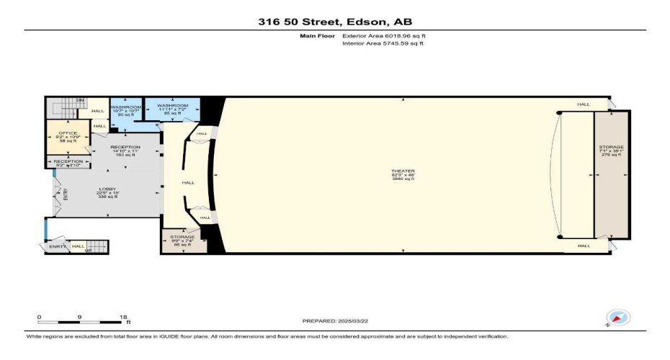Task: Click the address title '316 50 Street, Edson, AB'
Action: [x=335, y=22]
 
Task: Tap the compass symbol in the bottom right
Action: [x=618, y=318]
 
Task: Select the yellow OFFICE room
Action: [x=68, y=138]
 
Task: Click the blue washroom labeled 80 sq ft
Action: [x=125, y=110]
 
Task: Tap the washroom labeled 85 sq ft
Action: [x=172, y=109]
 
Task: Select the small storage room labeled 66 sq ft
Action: [x=182, y=240]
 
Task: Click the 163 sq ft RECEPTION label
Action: [x=125, y=150]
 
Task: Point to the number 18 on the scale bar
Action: [x=123, y=317]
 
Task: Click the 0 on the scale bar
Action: [x=40, y=317]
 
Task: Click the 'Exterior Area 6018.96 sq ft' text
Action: [x=379, y=35]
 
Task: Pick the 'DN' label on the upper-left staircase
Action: [x=81, y=100]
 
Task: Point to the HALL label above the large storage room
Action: [x=583, y=104]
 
